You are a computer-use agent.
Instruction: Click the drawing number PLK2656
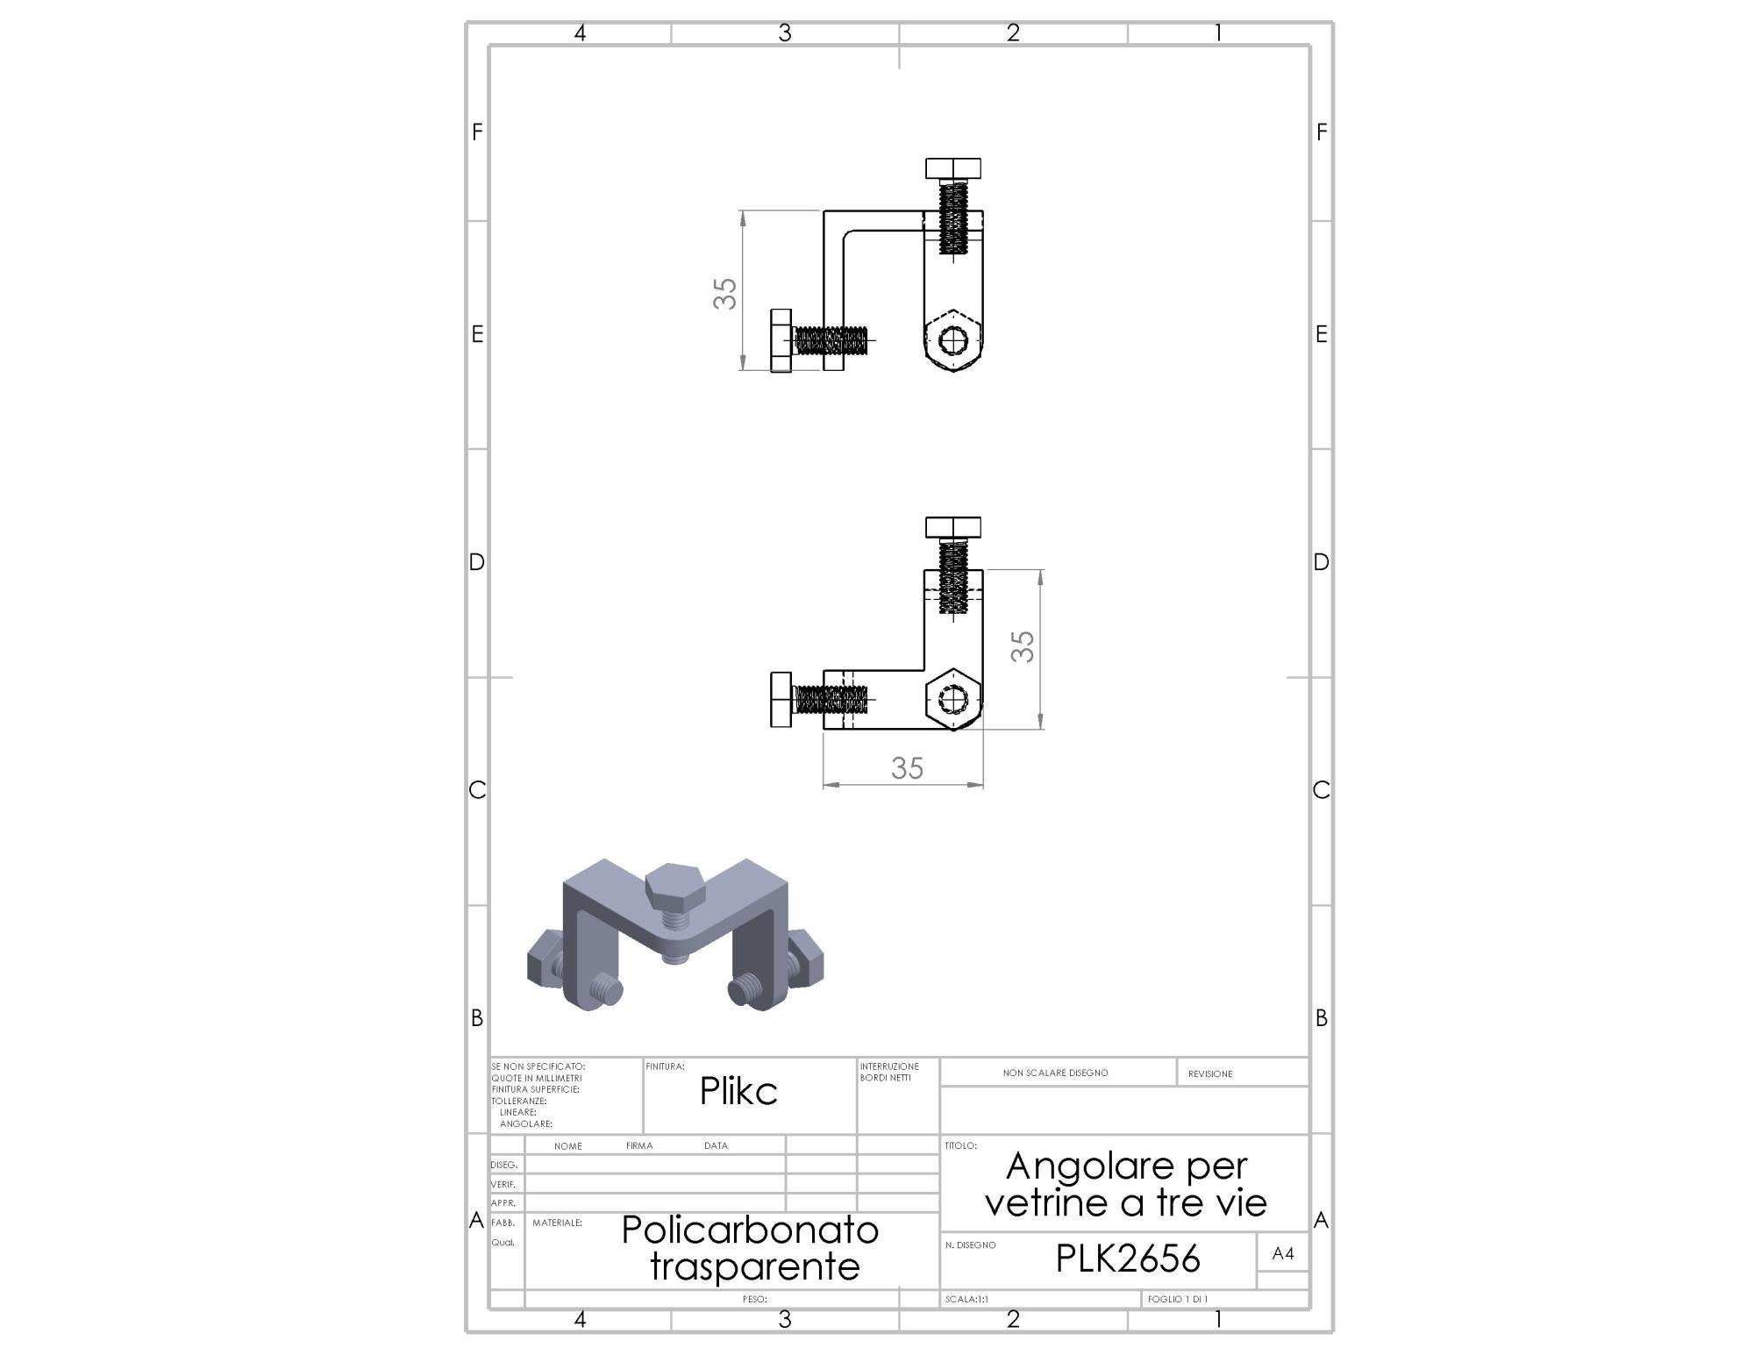point(1127,1259)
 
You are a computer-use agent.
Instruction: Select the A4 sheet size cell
point(1283,1253)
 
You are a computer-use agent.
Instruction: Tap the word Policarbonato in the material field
point(750,1230)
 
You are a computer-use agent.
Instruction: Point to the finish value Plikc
point(738,1090)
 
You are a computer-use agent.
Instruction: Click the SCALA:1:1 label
point(966,1299)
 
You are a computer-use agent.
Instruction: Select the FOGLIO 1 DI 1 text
point(1178,1299)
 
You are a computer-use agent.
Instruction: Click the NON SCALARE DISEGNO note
point(1055,1073)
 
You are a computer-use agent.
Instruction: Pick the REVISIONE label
point(1210,1073)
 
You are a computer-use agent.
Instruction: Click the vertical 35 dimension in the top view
point(725,293)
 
